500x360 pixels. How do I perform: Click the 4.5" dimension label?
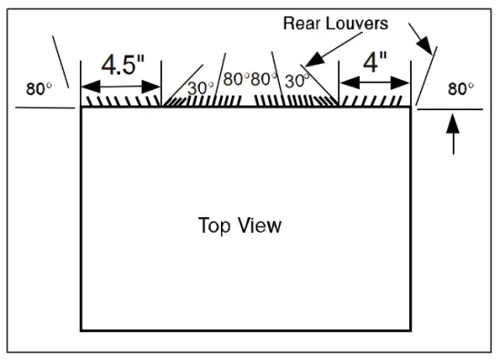121,65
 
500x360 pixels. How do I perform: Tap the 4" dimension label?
375,64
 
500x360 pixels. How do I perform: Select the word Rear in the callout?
304,23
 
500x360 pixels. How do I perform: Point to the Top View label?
239,225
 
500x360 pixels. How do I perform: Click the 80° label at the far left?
37,89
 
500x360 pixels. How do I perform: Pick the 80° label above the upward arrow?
460,89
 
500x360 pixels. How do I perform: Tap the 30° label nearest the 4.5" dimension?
200,88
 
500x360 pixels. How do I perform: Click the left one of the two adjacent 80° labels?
235,79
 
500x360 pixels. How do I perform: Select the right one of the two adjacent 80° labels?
264,79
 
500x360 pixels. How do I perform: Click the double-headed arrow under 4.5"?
121,87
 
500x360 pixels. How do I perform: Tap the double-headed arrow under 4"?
375,83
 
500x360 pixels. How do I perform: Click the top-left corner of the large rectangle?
82,107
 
